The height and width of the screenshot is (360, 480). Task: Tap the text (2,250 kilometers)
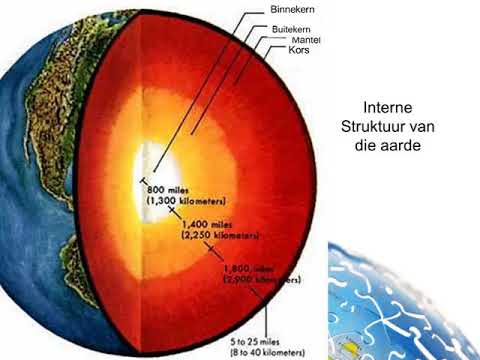coord(220,238)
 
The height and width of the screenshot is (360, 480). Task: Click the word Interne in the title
coord(390,106)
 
